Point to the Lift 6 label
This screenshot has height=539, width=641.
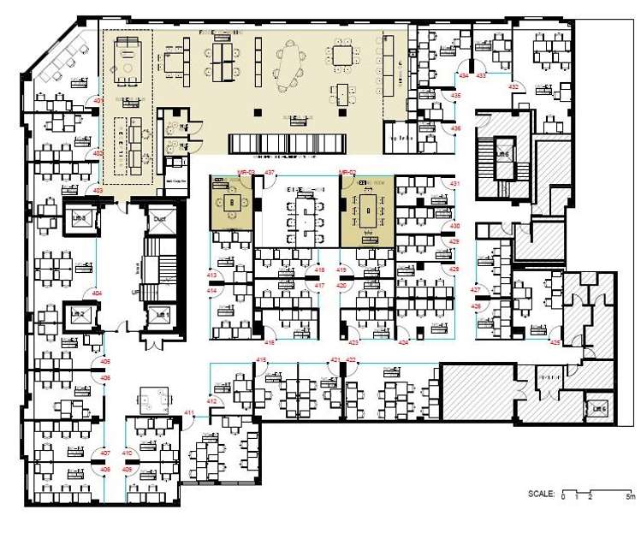coord(599,410)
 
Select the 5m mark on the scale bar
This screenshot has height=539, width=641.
coord(629,496)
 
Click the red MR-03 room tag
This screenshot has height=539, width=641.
coord(222,173)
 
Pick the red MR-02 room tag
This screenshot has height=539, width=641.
coord(347,173)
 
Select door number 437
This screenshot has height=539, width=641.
coord(269,173)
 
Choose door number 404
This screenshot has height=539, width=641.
coord(97,293)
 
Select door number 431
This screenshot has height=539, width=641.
coord(455,184)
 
